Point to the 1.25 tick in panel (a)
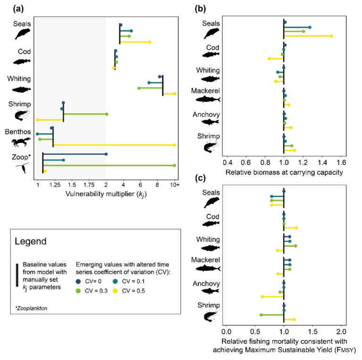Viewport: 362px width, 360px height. coord(55,184)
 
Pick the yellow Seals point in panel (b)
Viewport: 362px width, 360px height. coord(331,36)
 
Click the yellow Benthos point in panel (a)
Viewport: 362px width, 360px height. coord(174,145)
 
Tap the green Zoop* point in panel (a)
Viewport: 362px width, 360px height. coord(174,166)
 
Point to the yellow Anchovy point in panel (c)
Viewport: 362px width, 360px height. coord(262,296)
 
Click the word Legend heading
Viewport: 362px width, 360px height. coord(31,242)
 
